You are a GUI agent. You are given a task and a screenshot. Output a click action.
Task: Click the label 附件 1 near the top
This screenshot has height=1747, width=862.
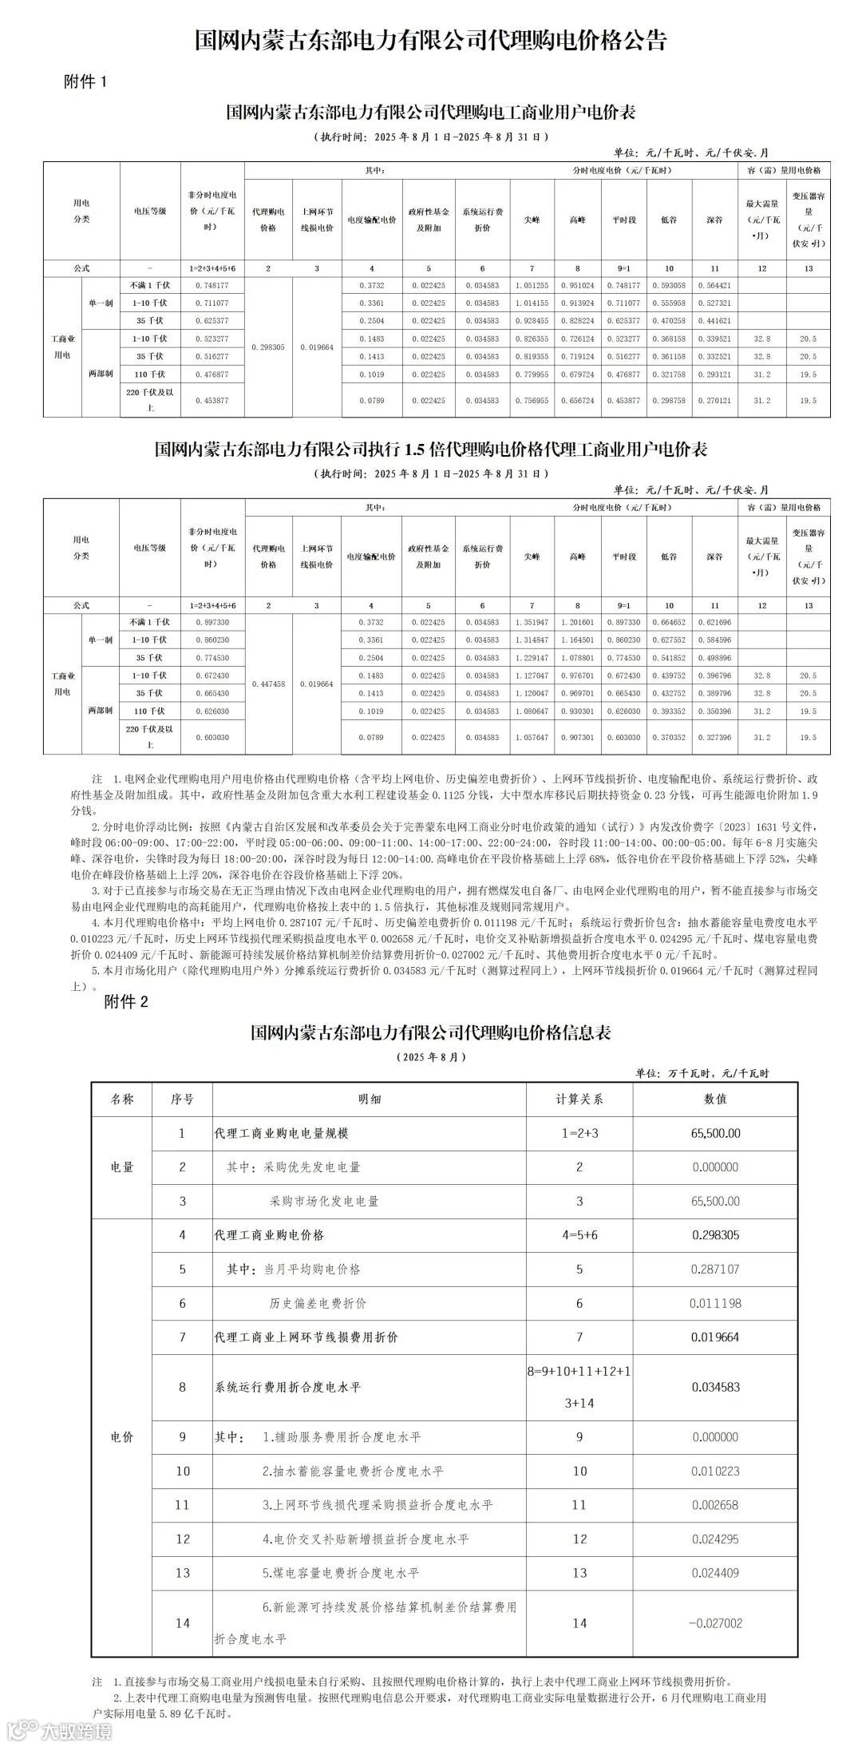point(84,82)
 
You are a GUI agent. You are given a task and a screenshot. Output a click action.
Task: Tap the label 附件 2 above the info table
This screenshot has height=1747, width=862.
point(126,1001)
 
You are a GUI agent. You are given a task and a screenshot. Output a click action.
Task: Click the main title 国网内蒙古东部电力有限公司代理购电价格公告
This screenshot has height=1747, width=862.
point(430,41)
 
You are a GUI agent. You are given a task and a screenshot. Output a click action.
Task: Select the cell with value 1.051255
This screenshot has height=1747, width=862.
point(532,286)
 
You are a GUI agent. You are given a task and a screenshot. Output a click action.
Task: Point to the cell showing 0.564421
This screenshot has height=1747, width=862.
point(714,286)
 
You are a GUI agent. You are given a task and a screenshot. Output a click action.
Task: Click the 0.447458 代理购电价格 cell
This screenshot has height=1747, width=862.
point(268,684)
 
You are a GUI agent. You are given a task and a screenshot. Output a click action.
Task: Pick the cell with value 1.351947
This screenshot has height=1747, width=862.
point(532,622)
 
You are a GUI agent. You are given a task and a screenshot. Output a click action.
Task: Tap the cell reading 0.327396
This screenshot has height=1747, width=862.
point(714,738)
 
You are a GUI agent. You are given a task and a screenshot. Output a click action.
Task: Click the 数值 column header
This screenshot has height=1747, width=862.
point(715,1099)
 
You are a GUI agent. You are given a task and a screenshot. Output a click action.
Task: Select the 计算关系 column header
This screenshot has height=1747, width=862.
point(579,1099)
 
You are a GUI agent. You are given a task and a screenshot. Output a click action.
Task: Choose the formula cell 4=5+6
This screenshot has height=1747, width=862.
point(579,1234)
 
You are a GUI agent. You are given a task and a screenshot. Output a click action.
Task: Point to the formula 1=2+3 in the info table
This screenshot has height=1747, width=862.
point(579,1133)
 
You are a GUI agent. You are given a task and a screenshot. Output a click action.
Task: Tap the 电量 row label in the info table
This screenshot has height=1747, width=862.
point(122,1167)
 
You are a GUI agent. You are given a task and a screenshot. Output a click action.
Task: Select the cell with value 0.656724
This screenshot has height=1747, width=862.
point(578,401)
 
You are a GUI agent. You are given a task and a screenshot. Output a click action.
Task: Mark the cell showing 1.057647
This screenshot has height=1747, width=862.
point(532,738)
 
